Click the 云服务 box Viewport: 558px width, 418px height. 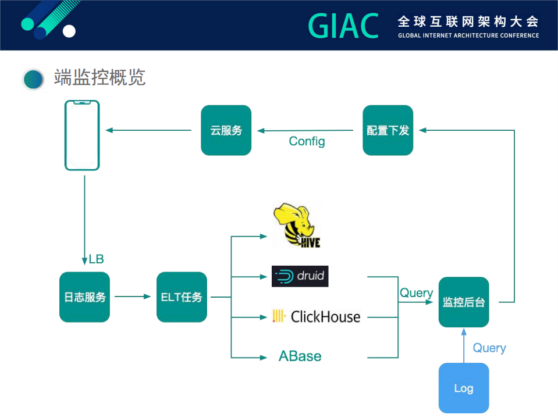click(226, 130)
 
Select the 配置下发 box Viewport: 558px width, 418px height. click(388, 130)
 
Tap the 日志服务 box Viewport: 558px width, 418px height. click(84, 297)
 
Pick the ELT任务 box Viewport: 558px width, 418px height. click(182, 297)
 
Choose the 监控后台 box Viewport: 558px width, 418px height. click(464, 302)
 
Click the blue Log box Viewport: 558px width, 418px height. click(464, 388)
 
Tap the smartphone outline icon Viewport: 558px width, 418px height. click(82, 135)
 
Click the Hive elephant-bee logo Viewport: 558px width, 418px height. click(297, 226)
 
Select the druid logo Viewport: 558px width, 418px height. click(300, 276)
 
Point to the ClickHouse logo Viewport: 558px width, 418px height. click(317, 317)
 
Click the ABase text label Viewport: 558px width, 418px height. click(300, 356)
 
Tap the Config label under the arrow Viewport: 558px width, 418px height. click(307, 141)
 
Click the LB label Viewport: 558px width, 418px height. click(96, 259)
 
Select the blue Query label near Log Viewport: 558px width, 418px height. click(489, 348)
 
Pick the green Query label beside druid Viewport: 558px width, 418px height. click(416, 293)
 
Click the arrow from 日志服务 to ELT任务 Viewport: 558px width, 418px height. click(133, 297)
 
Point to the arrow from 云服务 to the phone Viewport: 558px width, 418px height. click(149, 130)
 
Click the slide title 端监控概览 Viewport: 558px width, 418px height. click(99, 77)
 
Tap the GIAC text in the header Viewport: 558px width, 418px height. click(343, 26)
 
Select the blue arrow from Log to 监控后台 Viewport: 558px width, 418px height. click(464, 345)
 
